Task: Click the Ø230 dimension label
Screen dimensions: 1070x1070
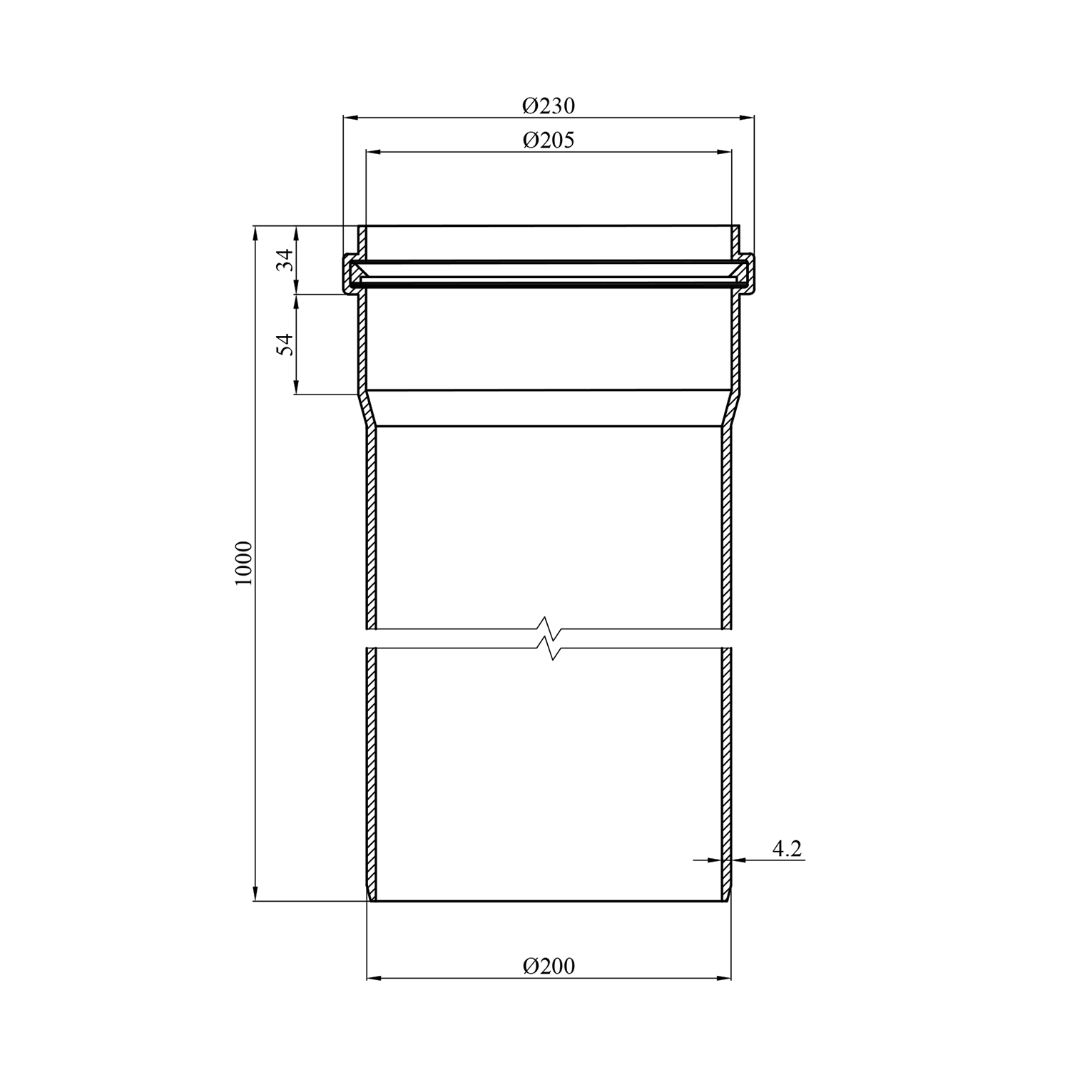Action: (x=548, y=106)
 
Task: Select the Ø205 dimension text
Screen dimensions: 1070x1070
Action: (x=548, y=140)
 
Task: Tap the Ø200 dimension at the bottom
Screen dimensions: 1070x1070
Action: (x=548, y=966)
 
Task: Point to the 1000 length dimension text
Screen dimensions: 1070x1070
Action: (x=244, y=564)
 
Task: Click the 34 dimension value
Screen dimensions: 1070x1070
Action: (x=285, y=260)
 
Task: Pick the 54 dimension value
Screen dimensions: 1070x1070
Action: (x=285, y=345)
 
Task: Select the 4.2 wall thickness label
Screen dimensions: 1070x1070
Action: (x=787, y=849)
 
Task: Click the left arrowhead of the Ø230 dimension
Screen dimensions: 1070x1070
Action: (x=352, y=118)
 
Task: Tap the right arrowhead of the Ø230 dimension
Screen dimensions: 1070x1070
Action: (x=746, y=118)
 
